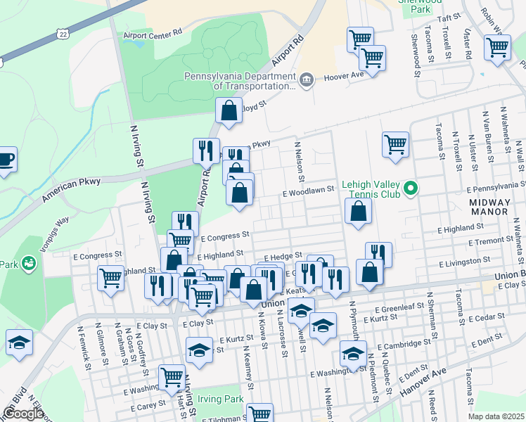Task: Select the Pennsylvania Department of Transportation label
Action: [239, 81]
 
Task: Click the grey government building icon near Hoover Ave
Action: [306, 79]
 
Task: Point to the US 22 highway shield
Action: [64, 34]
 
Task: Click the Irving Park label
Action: [220, 399]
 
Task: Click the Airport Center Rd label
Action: [153, 32]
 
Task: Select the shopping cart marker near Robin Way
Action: [497, 48]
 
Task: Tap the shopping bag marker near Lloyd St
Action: [229, 110]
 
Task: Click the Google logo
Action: [23, 413]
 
